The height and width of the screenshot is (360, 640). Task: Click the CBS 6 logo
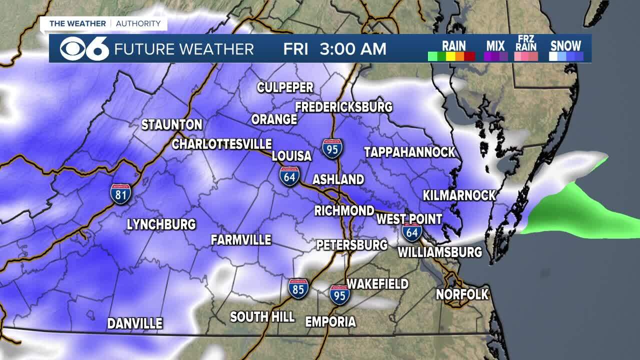tap(84, 48)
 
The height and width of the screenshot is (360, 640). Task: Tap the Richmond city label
tap(344, 210)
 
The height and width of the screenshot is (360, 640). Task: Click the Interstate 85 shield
tap(298, 288)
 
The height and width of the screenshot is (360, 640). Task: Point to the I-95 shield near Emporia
tap(339, 294)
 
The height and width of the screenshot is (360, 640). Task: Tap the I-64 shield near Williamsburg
tap(412, 232)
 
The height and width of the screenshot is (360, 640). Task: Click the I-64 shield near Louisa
tap(290, 176)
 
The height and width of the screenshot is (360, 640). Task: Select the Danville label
tap(135, 323)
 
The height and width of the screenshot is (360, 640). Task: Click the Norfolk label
tap(462, 294)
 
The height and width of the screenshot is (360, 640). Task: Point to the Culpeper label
tap(285, 87)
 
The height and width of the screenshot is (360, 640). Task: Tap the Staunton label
tap(171, 124)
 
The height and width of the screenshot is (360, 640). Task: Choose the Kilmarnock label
tap(459, 195)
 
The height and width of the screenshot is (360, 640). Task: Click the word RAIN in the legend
tap(454, 45)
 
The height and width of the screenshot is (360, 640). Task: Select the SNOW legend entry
tap(565, 45)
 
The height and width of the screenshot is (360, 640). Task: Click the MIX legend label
tap(495, 45)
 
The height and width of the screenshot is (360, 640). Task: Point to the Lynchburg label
tap(161, 224)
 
